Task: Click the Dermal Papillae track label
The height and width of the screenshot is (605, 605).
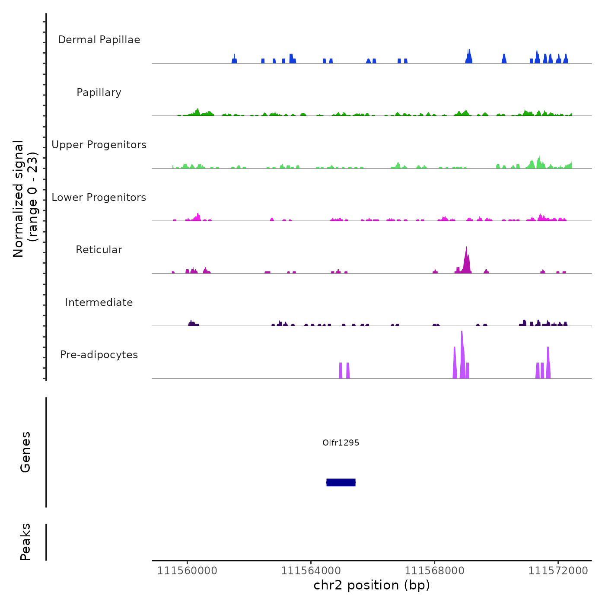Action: click(99, 40)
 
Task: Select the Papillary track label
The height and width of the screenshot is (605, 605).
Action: click(99, 92)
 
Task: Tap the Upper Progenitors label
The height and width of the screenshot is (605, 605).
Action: click(99, 145)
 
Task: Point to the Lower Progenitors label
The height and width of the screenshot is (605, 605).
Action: click(99, 197)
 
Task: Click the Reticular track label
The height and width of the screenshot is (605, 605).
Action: click(99, 250)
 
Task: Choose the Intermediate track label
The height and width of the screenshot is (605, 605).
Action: click(99, 302)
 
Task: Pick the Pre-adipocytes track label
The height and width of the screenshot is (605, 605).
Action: click(99, 355)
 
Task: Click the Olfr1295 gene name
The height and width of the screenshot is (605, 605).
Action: click(341, 443)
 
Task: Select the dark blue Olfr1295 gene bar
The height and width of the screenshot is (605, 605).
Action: click(341, 482)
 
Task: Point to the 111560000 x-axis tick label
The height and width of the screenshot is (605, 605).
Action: click(187, 571)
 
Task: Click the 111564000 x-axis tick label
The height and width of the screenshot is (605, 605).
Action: click(311, 571)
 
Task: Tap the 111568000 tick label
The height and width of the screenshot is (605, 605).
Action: click(434, 571)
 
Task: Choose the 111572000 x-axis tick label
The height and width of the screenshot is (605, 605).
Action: click(558, 571)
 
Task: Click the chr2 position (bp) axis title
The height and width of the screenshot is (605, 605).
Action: click(372, 585)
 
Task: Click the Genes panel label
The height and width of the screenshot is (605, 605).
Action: click(25, 452)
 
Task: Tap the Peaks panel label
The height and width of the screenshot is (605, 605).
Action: click(25, 542)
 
